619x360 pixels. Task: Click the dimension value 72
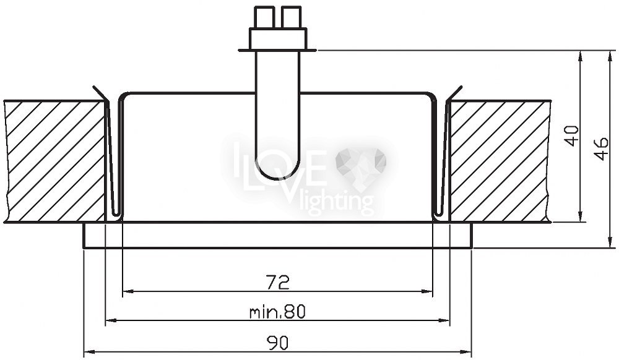pyautogui.click(x=277, y=282)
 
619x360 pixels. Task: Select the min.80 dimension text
pyautogui.click(x=277, y=312)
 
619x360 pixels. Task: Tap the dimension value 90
pyautogui.click(x=277, y=342)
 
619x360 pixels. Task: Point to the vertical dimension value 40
pyautogui.click(x=573, y=135)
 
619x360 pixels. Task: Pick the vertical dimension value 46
pyautogui.click(x=601, y=148)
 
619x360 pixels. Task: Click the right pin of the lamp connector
pyautogui.click(x=292, y=17)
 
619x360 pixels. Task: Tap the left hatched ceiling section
pyautogui.click(x=55, y=161)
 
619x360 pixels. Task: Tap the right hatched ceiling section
pyautogui.click(x=500, y=161)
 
